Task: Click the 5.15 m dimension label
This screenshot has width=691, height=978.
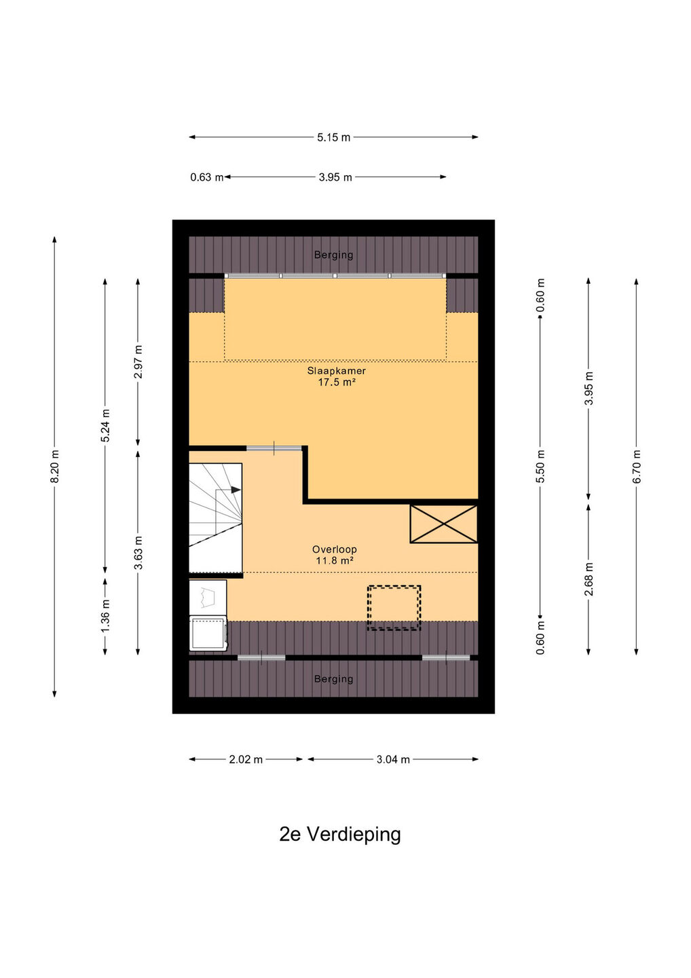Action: click(334, 137)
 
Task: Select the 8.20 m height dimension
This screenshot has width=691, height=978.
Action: click(55, 467)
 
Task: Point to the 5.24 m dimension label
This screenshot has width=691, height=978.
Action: click(105, 425)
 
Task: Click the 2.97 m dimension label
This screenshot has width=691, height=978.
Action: click(138, 362)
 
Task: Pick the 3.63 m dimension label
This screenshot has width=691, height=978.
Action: click(138, 553)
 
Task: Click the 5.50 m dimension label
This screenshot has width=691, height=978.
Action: click(540, 467)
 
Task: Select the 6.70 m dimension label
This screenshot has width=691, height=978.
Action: click(637, 467)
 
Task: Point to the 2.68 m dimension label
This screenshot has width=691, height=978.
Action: click(589, 579)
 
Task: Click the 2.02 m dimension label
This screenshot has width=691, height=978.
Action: click(246, 759)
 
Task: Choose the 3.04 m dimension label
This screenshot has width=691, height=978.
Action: click(393, 759)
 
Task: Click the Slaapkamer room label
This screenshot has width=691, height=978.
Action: click(337, 371)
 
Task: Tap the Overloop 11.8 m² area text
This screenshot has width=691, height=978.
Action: click(334, 555)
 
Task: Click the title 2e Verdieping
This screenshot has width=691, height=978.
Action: click(340, 834)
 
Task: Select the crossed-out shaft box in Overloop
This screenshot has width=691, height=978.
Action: click(444, 524)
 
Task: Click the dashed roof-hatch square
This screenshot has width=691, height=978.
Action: click(394, 608)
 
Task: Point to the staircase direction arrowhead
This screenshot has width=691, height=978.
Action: click(236, 490)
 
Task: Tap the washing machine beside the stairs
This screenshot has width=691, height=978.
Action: click(208, 634)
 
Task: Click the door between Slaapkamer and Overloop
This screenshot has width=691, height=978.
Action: click(274, 448)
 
